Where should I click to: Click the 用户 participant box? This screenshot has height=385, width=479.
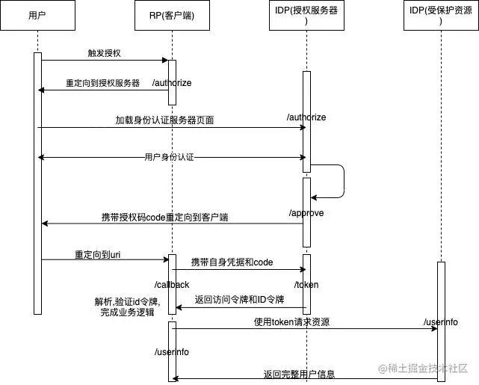click(x=37, y=15)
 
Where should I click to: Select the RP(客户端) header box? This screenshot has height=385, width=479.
click(x=172, y=15)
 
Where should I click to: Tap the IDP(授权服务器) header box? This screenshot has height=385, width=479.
click(x=306, y=15)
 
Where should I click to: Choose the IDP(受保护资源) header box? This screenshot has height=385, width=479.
click(x=441, y=15)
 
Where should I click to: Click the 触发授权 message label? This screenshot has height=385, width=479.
click(x=104, y=54)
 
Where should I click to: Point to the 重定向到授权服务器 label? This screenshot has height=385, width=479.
click(x=102, y=83)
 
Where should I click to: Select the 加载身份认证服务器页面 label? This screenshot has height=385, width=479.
click(x=164, y=120)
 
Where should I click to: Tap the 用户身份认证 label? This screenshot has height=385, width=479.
click(x=171, y=158)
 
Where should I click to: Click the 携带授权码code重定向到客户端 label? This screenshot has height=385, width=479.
click(x=165, y=217)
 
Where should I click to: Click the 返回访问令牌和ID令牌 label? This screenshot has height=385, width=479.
click(x=239, y=299)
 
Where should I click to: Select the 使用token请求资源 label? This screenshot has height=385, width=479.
click(x=291, y=321)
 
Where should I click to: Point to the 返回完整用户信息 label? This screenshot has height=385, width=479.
click(x=299, y=374)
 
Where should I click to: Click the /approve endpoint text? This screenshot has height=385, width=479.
click(x=306, y=213)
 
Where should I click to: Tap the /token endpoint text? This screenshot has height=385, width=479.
click(x=306, y=285)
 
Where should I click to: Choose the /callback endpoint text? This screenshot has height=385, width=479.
click(x=172, y=285)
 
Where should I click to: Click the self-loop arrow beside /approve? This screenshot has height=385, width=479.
click(x=342, y=181)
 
